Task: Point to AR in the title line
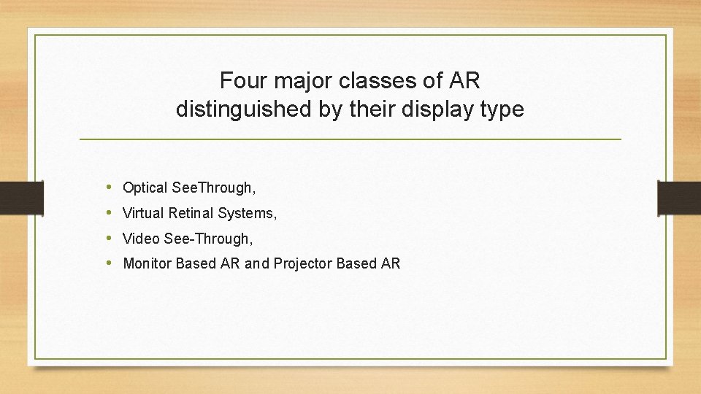tap(464, 80)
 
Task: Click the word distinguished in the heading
tap(229, 109)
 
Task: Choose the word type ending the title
tap(502, 110)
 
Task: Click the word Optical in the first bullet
tap(145, 188)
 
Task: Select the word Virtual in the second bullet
tap(142, 213)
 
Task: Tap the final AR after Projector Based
tap(391, 263)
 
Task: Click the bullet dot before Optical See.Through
tap(109, 188)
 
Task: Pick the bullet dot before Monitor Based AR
tap(109, 263)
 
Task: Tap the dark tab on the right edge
tap(679, 197)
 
